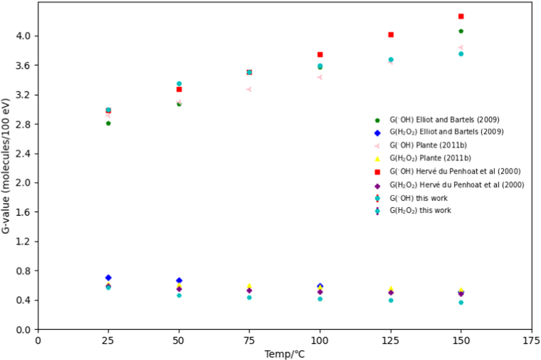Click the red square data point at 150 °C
click(461, 17)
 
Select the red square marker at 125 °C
click(391, 35)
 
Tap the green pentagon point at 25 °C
click(108, 124)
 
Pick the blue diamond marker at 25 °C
click(108, 278)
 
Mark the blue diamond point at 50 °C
click(179, 280)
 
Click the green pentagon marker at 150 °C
click(461, 31)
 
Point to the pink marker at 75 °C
click(249, 89)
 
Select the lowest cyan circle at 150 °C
click(461, 303)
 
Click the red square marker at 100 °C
click(320, 55)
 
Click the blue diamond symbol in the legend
click(377, 133)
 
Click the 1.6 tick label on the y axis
click(23, 212)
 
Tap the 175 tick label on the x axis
click(532, 341)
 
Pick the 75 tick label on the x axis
click(249, 341)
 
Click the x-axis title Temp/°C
click(285, 354)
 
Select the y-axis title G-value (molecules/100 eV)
click(6, 166)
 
